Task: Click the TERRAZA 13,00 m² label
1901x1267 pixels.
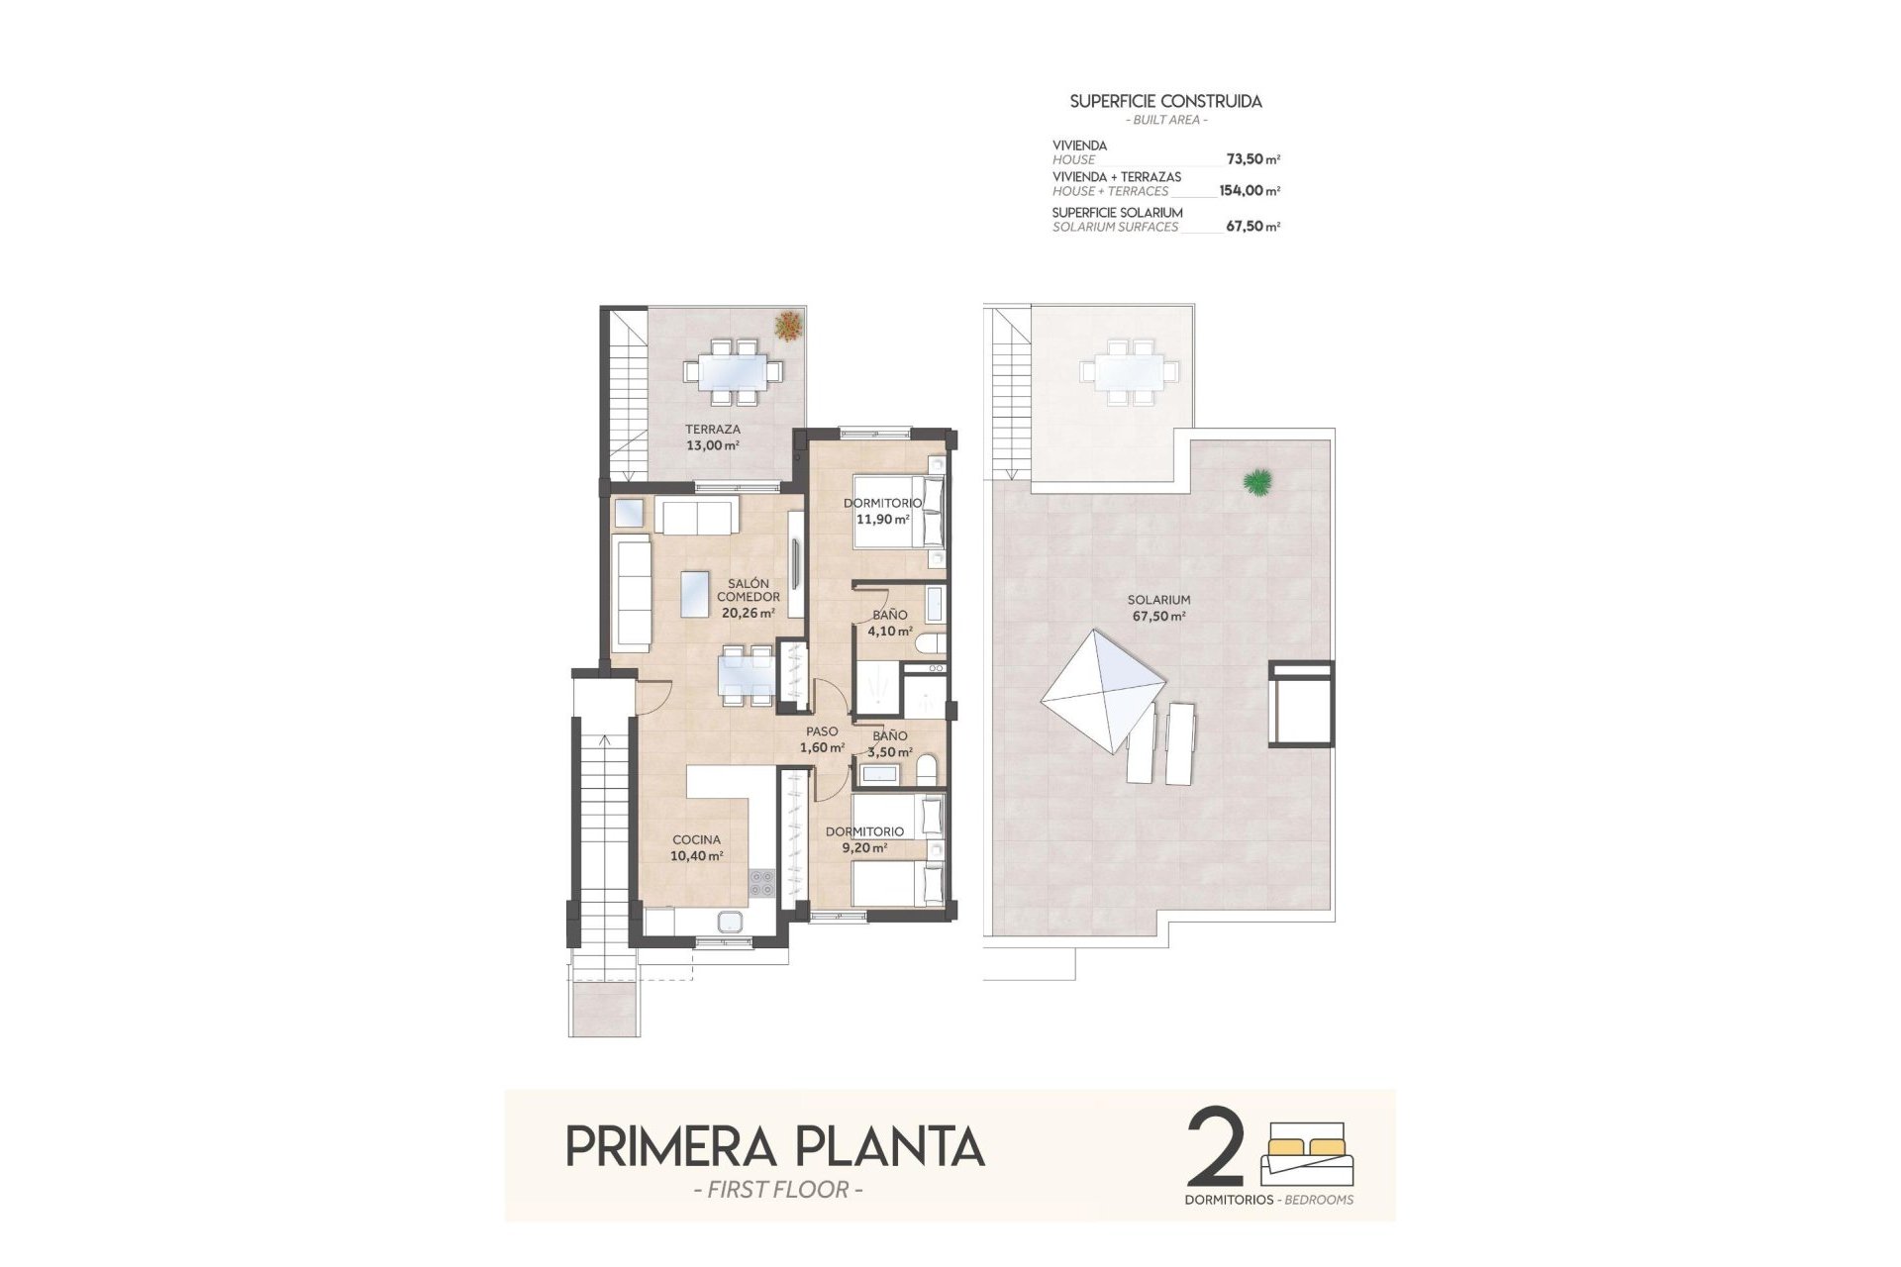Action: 712,438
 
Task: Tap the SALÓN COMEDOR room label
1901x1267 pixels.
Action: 748,598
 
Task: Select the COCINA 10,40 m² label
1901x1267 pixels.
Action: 696,848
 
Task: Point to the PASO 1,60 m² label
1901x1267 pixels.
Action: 822,739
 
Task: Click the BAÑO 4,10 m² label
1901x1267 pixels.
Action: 889,623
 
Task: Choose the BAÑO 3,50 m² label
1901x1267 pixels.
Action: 889,743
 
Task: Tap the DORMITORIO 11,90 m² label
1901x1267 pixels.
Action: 882,511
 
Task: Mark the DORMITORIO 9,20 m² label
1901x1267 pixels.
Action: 863,839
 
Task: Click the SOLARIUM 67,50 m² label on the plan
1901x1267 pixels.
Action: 1158,608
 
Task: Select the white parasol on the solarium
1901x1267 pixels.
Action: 1102,691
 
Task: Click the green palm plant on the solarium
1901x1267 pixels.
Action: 1258,482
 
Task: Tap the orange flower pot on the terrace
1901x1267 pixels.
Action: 789,325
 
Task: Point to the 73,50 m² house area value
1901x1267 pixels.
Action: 1252,158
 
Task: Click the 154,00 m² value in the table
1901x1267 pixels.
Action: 1249,191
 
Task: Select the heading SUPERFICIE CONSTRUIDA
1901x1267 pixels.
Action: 1165,101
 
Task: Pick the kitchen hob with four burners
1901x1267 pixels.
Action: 761,882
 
